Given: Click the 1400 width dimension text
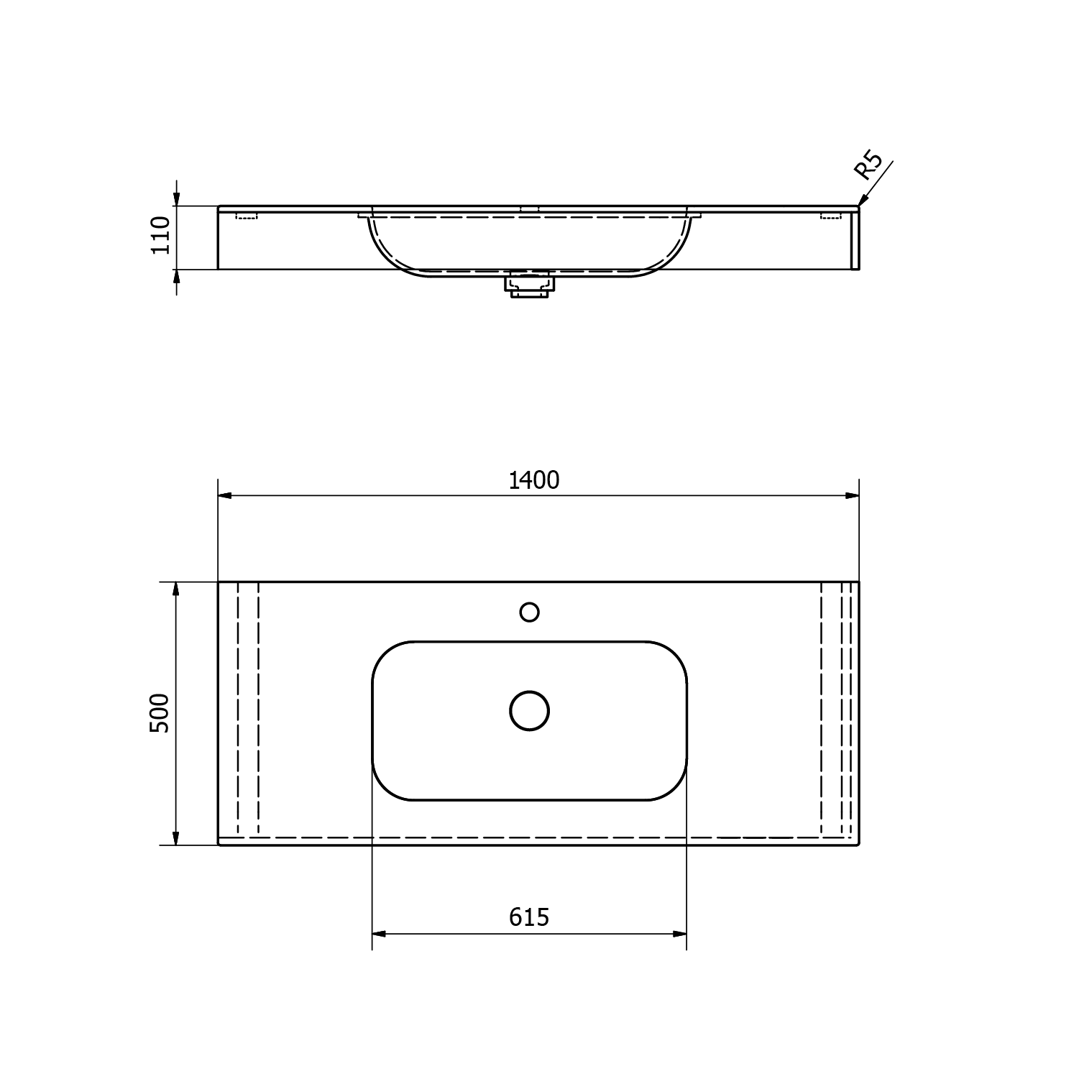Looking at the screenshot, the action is tap(533, 480).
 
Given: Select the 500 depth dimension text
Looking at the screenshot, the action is tap(159, 713).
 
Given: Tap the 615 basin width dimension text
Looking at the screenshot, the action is tap(529, 917).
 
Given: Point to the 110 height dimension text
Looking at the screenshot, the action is tap(160, 234).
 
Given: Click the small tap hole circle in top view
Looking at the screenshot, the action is tap(530, 612).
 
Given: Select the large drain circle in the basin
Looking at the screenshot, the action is tap(530, 711).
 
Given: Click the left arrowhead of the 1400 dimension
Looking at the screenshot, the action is tap(225, 495).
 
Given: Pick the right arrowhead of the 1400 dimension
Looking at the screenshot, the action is tap(852, 495).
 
